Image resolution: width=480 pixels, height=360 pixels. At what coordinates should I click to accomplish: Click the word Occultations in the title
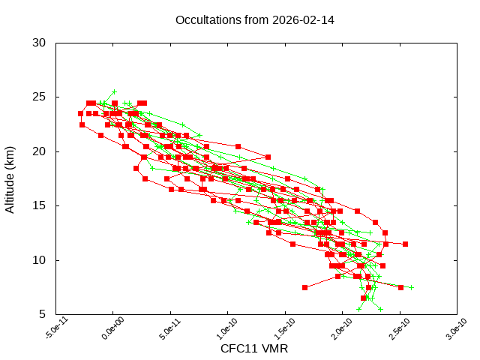[206, 19]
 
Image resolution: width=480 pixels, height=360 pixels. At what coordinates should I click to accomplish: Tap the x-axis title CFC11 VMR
[254, 349]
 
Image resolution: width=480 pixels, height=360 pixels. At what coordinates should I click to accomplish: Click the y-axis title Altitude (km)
[10, 178]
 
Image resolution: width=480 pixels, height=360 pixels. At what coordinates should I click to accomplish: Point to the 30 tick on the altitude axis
[40, 43]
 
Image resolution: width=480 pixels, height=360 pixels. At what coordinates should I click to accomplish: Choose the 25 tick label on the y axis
[40, 97]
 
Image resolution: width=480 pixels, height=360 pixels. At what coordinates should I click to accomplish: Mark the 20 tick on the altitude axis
[40, 151]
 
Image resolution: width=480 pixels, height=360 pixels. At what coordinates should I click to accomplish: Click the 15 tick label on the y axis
[40, 205]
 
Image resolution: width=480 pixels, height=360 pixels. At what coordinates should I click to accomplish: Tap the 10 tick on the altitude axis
[40, 260]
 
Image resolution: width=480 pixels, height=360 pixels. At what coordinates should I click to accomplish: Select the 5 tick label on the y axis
[43, 314]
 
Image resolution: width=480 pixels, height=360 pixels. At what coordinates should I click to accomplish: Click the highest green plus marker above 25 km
[114, 92]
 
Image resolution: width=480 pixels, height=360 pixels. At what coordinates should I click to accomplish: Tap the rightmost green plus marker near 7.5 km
[411, 287]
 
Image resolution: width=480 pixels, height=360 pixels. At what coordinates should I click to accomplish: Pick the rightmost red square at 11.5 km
[405, 244]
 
